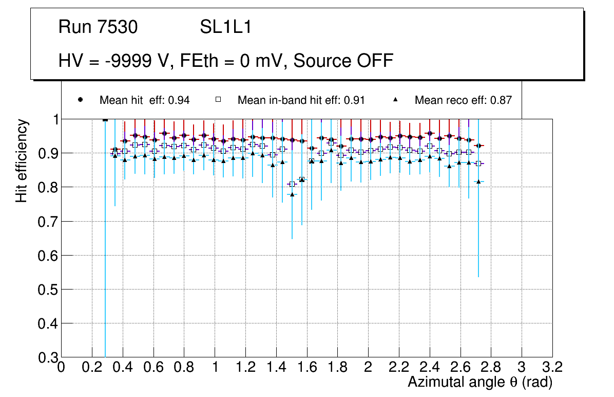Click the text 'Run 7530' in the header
98,27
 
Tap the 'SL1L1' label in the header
226,27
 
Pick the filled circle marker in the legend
80,100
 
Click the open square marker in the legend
218,100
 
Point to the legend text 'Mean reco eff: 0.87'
463,100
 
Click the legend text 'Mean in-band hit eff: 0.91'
301,100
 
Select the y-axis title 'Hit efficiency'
22,160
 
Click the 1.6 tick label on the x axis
306,368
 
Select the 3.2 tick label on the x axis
552,368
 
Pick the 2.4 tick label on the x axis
430,368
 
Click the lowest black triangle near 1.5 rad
292,194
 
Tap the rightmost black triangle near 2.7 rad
478,182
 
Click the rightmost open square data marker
478,164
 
